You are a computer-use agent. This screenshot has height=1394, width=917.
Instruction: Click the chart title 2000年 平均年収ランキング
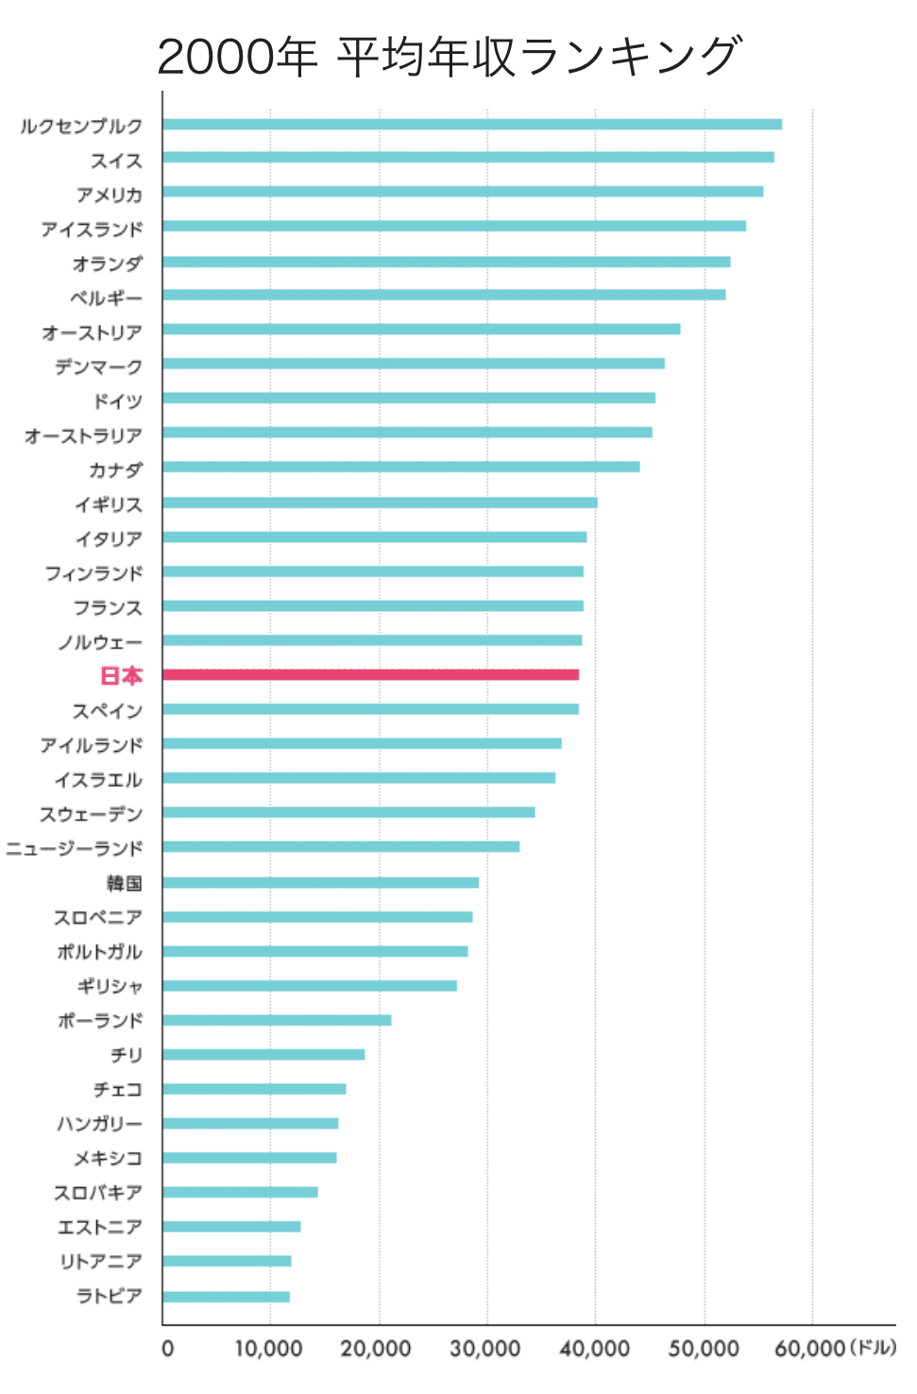pos(450,57)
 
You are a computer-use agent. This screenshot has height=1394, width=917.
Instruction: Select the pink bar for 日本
pos(370,674)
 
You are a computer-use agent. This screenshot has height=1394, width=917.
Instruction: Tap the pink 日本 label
pos(121,676)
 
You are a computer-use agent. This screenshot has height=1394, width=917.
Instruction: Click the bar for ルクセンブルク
pos(471,124)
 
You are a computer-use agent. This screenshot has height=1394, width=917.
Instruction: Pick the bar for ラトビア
pos(226,1296)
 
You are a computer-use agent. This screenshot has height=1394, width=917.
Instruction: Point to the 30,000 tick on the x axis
pos(484,1349)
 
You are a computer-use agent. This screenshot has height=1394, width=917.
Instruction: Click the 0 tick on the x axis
pos(167,1349)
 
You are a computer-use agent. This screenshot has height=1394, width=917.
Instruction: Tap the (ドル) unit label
pos(873,1348)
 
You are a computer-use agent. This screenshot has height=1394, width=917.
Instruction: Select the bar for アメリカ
pos(462,192)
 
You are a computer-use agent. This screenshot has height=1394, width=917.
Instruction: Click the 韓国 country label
pos(124,883)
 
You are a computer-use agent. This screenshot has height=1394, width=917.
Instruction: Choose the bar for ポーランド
pos(277,1020)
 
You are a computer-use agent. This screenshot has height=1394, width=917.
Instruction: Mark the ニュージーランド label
pos(74,849)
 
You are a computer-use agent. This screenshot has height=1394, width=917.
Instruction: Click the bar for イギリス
pos(380,502)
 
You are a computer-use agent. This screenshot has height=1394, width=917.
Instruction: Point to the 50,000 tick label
pos(704,1349)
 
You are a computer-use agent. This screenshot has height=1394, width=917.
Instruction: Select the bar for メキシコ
pos(249,1158)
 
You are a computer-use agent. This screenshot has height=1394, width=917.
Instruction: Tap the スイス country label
pos(116,161)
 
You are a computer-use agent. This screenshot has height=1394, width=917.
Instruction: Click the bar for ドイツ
pos(408,398)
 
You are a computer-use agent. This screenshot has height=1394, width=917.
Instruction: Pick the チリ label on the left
pos(127,1055)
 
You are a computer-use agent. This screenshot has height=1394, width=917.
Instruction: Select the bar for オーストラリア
pos(407,433)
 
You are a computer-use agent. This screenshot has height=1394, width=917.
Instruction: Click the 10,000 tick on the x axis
pos(268,1349)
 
